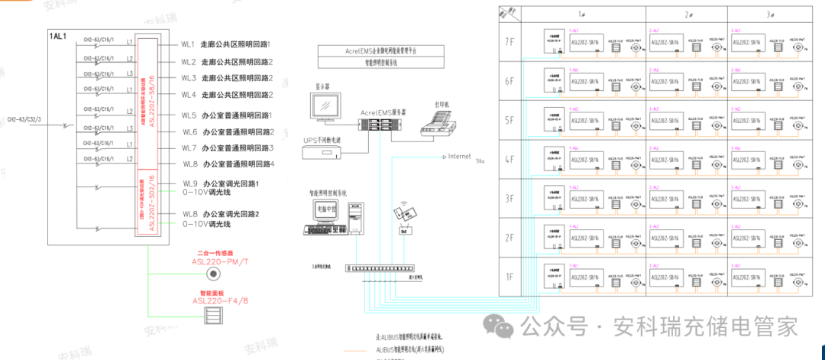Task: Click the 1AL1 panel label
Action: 59,36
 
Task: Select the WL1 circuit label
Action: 188,45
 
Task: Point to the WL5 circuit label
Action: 189,115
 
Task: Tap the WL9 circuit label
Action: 189,184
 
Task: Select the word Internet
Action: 459,157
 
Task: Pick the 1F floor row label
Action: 510,276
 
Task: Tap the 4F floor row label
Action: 510,159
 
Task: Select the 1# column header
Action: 603,14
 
